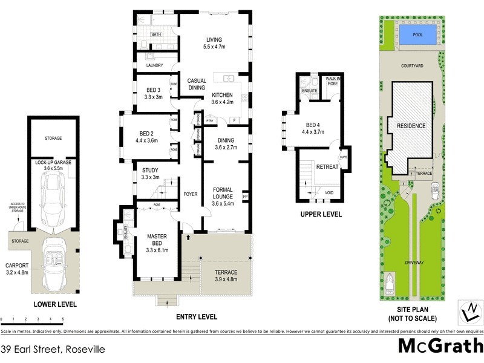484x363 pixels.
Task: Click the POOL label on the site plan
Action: [x=417, y=35]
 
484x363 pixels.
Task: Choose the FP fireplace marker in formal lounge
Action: [x=245, y=197]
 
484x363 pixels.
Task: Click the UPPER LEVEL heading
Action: [x=321, y=214]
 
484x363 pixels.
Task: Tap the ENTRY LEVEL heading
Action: [x=196, y=316]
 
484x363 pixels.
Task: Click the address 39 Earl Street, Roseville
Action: [x=53, y=349]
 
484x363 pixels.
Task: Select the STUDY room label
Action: [x=149, y=174]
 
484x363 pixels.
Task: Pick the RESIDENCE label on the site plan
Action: [x=411, y=126]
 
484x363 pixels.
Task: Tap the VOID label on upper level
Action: [x=329, y=194]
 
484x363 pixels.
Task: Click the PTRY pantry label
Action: [x=210, y=120]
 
